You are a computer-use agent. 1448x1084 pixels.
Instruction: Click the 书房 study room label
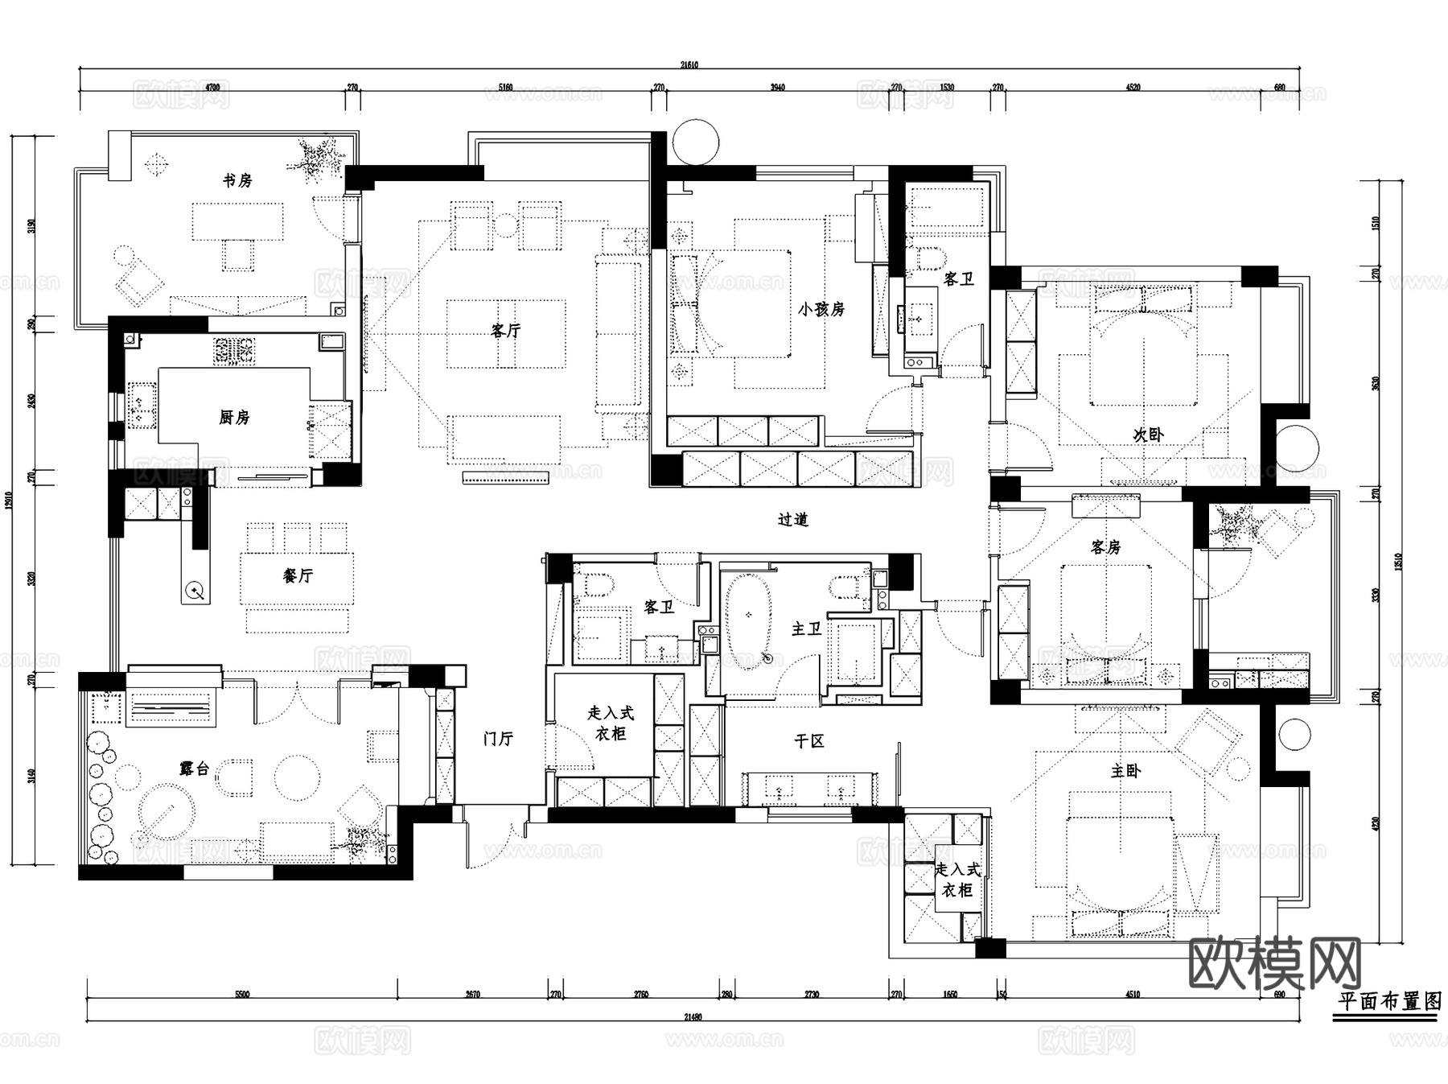coord(237,180)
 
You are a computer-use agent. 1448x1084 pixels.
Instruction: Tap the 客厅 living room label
coord(505,330)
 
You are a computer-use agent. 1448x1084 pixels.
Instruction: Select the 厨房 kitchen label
coord(234,417)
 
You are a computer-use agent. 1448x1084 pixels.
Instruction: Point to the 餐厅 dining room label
coord(297,575)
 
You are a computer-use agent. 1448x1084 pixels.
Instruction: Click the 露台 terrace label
coord(194,769)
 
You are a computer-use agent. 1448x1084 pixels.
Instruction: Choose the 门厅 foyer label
coord(498,738)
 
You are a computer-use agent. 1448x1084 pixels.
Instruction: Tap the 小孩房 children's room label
coord(821,309)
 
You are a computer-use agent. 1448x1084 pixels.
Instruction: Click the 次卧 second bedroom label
coord(1148,435)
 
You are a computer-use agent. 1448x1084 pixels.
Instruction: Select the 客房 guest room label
coord(1105,547)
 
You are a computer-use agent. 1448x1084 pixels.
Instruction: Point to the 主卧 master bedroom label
coord(1125,771)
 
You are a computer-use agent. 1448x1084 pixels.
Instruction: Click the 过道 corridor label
coord(792,520)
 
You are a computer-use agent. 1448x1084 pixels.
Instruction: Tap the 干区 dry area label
coord(808,741)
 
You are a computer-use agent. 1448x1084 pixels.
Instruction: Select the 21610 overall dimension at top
coord(689,64)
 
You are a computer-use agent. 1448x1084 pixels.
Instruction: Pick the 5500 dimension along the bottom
coord(242,995)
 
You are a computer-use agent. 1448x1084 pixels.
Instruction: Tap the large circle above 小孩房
coord(694,142)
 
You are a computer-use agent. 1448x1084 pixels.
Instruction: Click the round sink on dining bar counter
coord(195,591)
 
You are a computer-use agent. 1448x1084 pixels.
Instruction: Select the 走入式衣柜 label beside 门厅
coord(611,723)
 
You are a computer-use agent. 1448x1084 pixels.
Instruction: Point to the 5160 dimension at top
coord(505,87)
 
